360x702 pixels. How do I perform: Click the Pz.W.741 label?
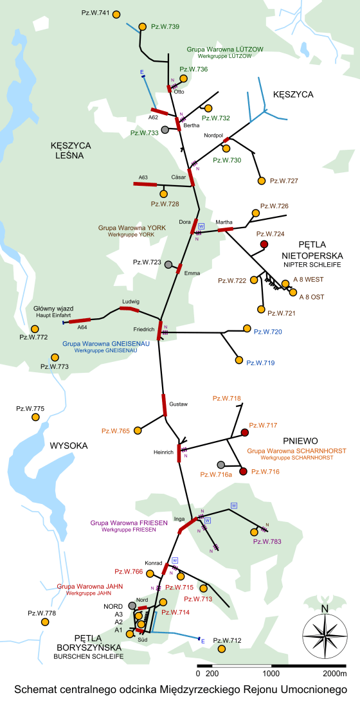[96, 13]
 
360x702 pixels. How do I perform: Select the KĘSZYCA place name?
[292, 94]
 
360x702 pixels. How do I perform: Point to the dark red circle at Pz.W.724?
[264, 244]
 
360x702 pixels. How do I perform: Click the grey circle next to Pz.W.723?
[168, 265]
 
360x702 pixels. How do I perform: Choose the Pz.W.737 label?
[283, 181]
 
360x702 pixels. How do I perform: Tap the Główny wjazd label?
[51, 309]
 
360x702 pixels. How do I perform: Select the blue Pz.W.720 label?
[268, 332]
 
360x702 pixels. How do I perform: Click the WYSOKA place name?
[68, 446]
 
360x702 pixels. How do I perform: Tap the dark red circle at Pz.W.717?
[244, 432]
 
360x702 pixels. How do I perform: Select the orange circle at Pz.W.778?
[44, 622]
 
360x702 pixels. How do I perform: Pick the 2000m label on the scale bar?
[334, 673]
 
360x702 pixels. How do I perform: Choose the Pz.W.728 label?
[165, 204]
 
